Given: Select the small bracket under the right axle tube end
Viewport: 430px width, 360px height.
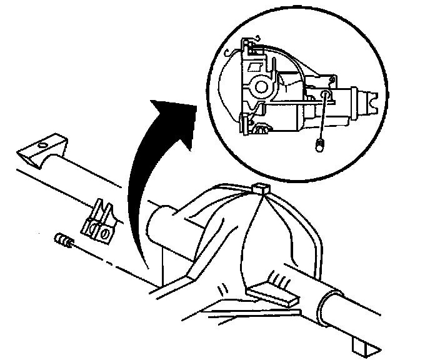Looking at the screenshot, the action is click(361, 345).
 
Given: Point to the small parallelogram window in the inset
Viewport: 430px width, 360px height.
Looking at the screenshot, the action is click(256, 65).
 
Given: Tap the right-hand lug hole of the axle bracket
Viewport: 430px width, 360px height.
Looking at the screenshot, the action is click(106, 234).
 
